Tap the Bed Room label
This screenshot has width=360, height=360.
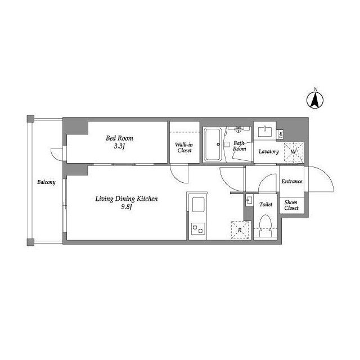[119, 138]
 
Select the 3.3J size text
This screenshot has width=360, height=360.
[119, 146]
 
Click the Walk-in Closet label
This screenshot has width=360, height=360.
[184, 147]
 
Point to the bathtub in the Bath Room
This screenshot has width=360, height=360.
[213, 144]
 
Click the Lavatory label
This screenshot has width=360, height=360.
[269, 151]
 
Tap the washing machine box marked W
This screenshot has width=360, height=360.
[294, 152]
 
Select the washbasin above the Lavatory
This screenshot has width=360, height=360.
[265, 131]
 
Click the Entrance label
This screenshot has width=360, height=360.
[292, 181]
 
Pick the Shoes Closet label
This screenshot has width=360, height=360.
[291, 205]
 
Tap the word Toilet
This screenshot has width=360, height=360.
[266, 204]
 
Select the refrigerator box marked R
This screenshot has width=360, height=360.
[240, 230]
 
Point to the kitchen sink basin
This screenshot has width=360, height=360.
[199, 205]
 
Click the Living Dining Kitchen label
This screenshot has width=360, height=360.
[127, 199]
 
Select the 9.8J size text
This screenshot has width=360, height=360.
[127, 207]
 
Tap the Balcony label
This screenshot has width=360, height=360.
[46, 182]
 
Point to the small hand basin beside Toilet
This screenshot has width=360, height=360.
[249, 200]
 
